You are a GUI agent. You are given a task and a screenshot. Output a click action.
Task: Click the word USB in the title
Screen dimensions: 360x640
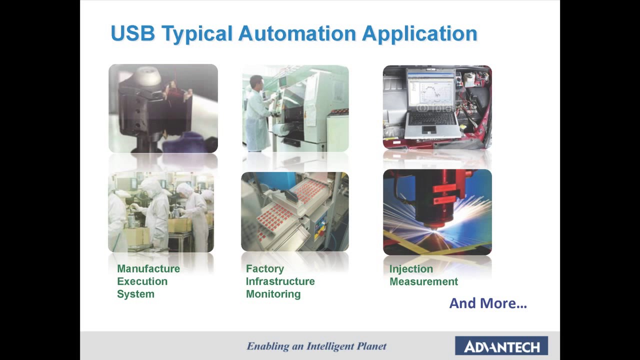pos(132,33)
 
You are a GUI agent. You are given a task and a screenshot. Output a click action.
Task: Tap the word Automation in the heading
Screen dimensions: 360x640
pos(297,33)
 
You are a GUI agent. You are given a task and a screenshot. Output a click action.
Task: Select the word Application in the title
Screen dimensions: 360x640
pos(419,33)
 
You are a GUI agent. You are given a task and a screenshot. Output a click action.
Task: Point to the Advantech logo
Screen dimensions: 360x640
pos(501,346)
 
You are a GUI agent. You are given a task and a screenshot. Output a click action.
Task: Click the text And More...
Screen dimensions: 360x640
pos(487,303)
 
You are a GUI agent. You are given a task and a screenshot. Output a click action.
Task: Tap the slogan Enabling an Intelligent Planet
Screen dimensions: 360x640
pos(316,346)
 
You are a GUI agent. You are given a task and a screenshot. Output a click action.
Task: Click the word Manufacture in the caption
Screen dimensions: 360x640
pos(148,269)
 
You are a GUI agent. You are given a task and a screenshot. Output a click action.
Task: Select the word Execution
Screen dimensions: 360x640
pos(142,281)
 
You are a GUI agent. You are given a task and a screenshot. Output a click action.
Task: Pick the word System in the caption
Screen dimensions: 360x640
pos(135,294)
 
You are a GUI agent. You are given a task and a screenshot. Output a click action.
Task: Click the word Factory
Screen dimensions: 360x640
pos(264,269)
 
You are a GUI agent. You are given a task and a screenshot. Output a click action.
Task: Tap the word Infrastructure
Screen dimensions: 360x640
pos(280,281)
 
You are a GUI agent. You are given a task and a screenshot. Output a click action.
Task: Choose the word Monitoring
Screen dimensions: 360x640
pos(273,294)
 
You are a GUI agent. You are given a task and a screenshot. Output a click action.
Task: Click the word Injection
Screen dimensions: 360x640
pos(411,269)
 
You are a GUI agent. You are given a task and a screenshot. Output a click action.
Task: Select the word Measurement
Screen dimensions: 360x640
pos(423,281)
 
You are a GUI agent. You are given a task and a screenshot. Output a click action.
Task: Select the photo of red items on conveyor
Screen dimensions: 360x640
pos(294,211)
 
